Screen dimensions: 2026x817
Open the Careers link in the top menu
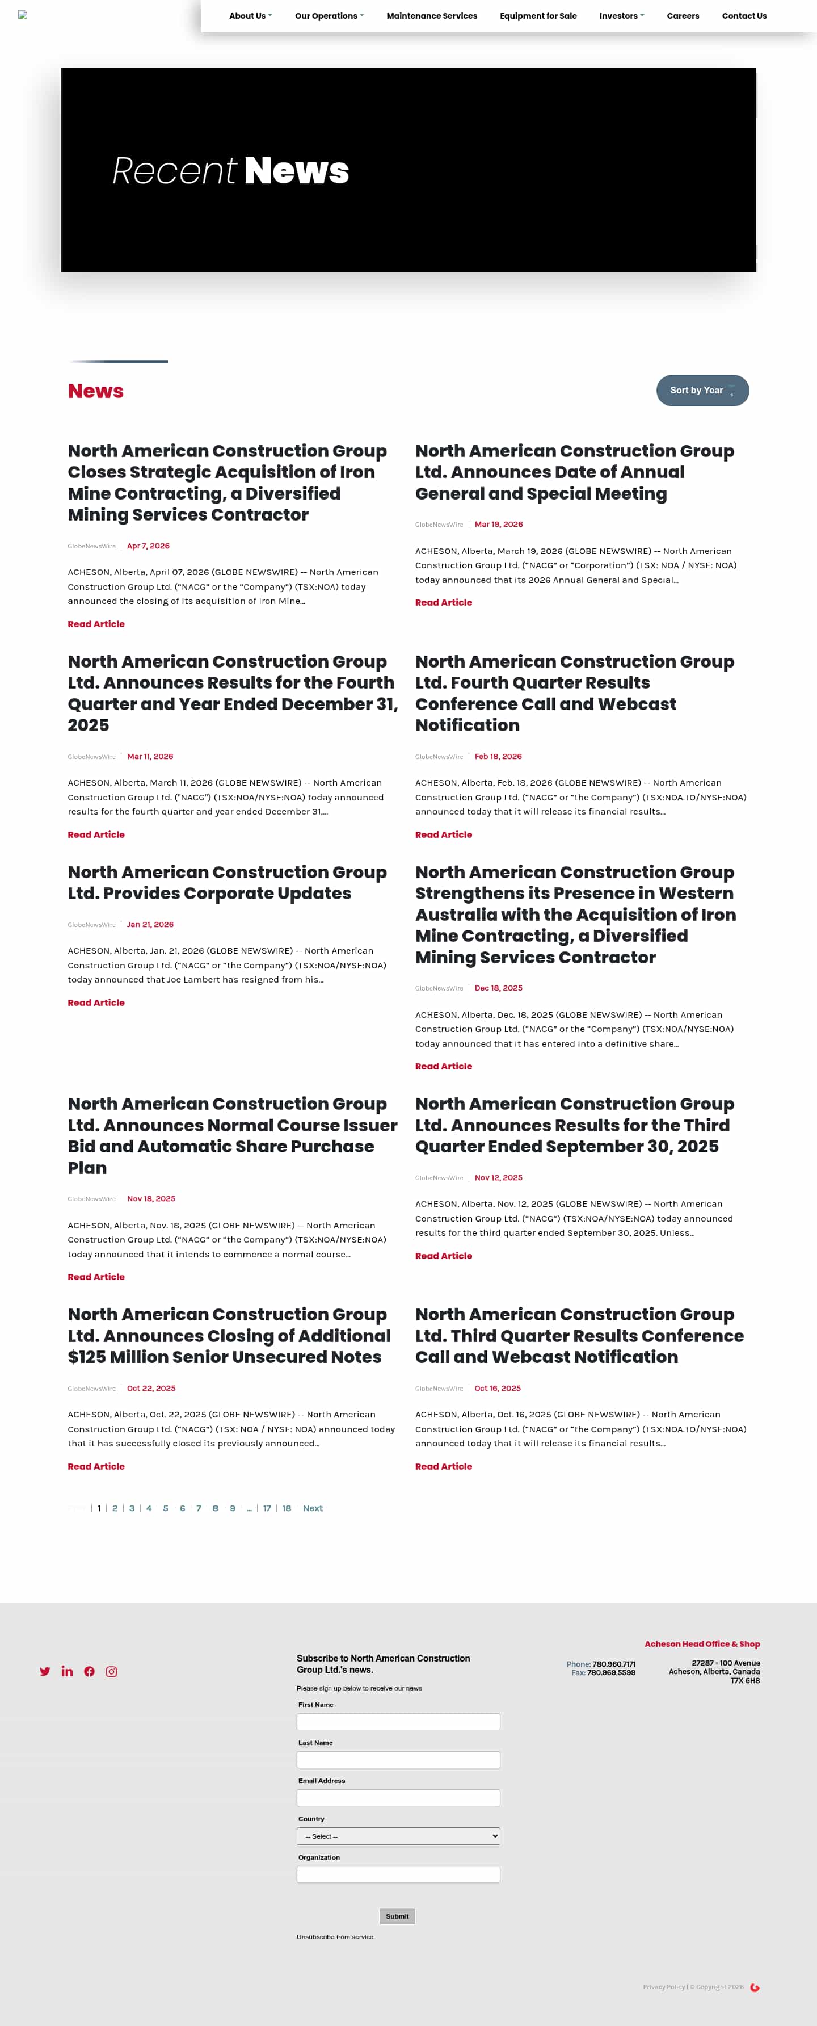(683, 16)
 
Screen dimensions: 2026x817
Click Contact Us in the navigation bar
(744, 16)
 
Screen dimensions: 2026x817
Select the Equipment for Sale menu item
(538, 16)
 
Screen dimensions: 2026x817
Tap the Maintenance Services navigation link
(432, 16)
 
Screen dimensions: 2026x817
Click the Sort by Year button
(702, 390)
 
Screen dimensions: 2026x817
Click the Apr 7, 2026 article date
(148, 546)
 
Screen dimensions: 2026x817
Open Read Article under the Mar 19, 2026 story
(444, 602)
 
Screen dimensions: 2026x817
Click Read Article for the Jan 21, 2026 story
(96, 1002)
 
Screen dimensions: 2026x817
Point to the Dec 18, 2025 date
(498, 988)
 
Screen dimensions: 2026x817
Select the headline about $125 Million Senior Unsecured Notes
(228, 1336)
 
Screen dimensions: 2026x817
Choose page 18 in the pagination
(286, 1508)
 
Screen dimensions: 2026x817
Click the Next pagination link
(312, 1508)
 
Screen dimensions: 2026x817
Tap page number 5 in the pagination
(165, 1508)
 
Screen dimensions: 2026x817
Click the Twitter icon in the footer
(45, 1671)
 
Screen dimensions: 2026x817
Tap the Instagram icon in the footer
(112, 1671)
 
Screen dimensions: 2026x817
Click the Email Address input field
(398, 1798)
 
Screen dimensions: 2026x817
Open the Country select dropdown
(398, 1836)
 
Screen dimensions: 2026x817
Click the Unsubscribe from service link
(335, 1936)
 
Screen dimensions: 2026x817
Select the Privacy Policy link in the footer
(664, 1987)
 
